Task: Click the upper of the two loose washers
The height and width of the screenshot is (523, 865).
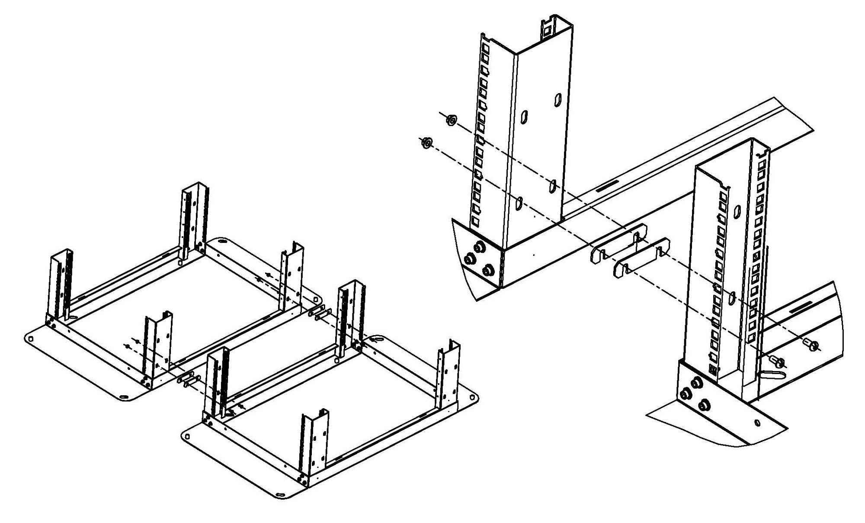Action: point(451,119)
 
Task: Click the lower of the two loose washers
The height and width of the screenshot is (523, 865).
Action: point(427,142)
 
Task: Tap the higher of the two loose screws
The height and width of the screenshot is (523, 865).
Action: point(812,345)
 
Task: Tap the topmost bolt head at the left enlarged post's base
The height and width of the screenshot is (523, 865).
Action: point(479,247)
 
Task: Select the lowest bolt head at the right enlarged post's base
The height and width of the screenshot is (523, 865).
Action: point(704,405)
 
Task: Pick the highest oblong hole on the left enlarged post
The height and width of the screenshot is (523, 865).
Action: point(557,99)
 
